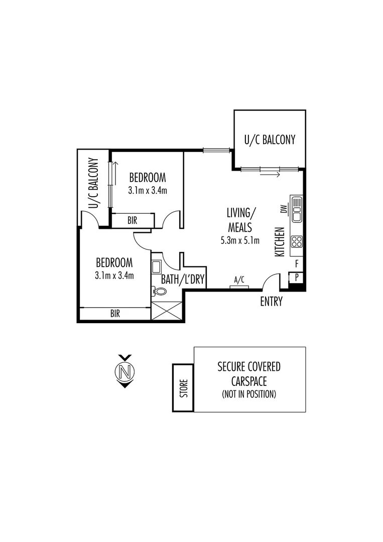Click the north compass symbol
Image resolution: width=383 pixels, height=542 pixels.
[x=125, y=371]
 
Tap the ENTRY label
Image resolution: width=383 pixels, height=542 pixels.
[x=271, y=302]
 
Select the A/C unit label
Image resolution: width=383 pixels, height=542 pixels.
[x=239, y=280]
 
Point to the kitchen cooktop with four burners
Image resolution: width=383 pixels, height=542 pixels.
[x=297, y=241]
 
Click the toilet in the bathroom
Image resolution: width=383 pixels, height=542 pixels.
[x=160, y=291]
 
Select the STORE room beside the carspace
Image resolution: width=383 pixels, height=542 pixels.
[x=183, y=388]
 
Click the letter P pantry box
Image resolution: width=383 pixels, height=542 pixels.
[x=296, y=277]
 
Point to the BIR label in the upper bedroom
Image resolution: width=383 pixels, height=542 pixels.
[x=133, y=220]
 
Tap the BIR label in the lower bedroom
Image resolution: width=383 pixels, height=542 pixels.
[x=115, y=313]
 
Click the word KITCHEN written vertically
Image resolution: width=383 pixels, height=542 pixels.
[x=281, y=242]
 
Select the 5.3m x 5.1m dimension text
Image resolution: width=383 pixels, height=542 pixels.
[x=239, y=240]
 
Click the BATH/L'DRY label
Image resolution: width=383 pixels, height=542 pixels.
[x=183, y=280]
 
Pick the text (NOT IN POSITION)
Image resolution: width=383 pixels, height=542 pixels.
[x=248, y=394]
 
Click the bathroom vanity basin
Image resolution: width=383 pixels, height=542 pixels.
[x=156, y=266]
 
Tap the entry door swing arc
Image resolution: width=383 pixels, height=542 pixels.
[x=271, y=279]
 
